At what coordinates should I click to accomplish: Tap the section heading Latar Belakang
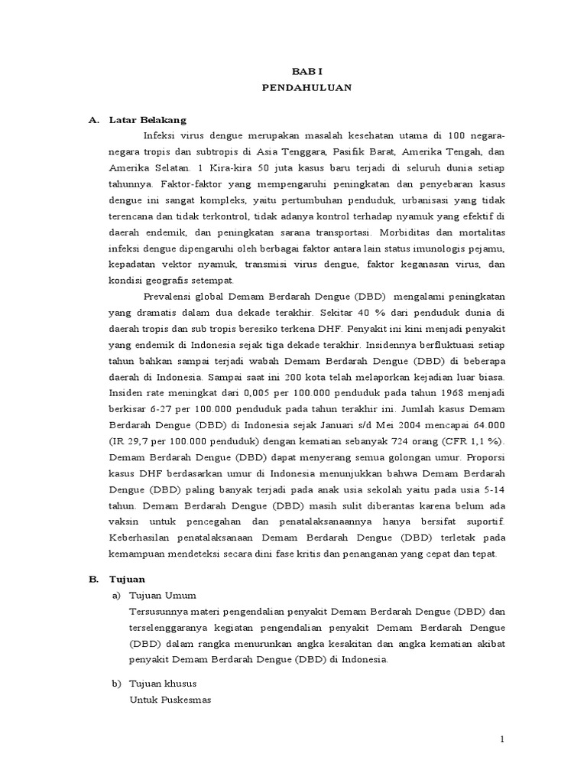(148, 120)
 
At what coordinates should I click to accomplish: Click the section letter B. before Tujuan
(93, 579)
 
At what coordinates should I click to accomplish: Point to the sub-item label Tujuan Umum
(164, 595)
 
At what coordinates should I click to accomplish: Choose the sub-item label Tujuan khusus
(164, 683)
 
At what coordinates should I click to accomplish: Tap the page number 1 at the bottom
(502, 739)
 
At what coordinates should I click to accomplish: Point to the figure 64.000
(486, 424)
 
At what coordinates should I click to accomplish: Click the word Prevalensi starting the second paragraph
(167, 296)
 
